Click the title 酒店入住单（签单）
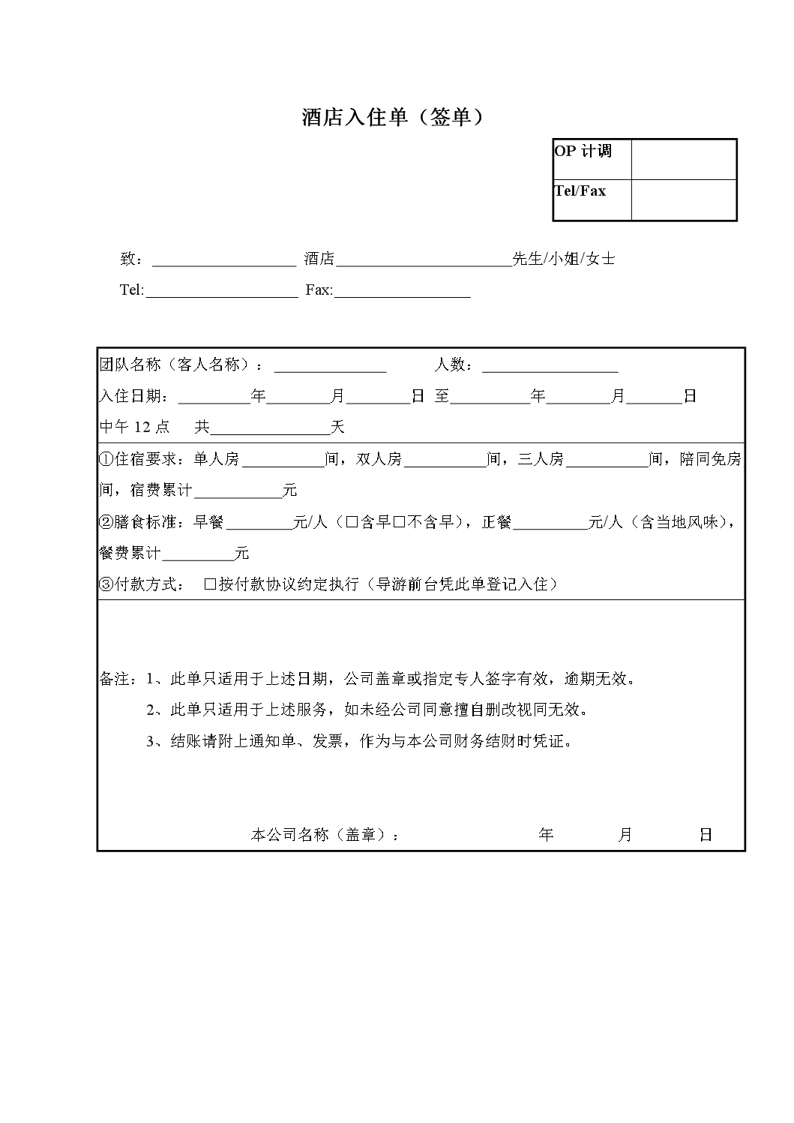(392, 117)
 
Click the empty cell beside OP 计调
(684, 158)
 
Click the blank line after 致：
(224, 260)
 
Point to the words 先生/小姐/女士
(564, 260)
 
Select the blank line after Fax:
(402, 291)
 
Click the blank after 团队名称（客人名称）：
(330, 365)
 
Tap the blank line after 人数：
(550, 365)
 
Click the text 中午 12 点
(135, 428)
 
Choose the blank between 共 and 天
(271, 428)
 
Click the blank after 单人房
(283, 459)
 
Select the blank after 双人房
(445, 459)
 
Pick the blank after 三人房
(607, 459)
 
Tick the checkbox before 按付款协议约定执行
(210, 584)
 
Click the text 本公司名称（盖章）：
(325, 835)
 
